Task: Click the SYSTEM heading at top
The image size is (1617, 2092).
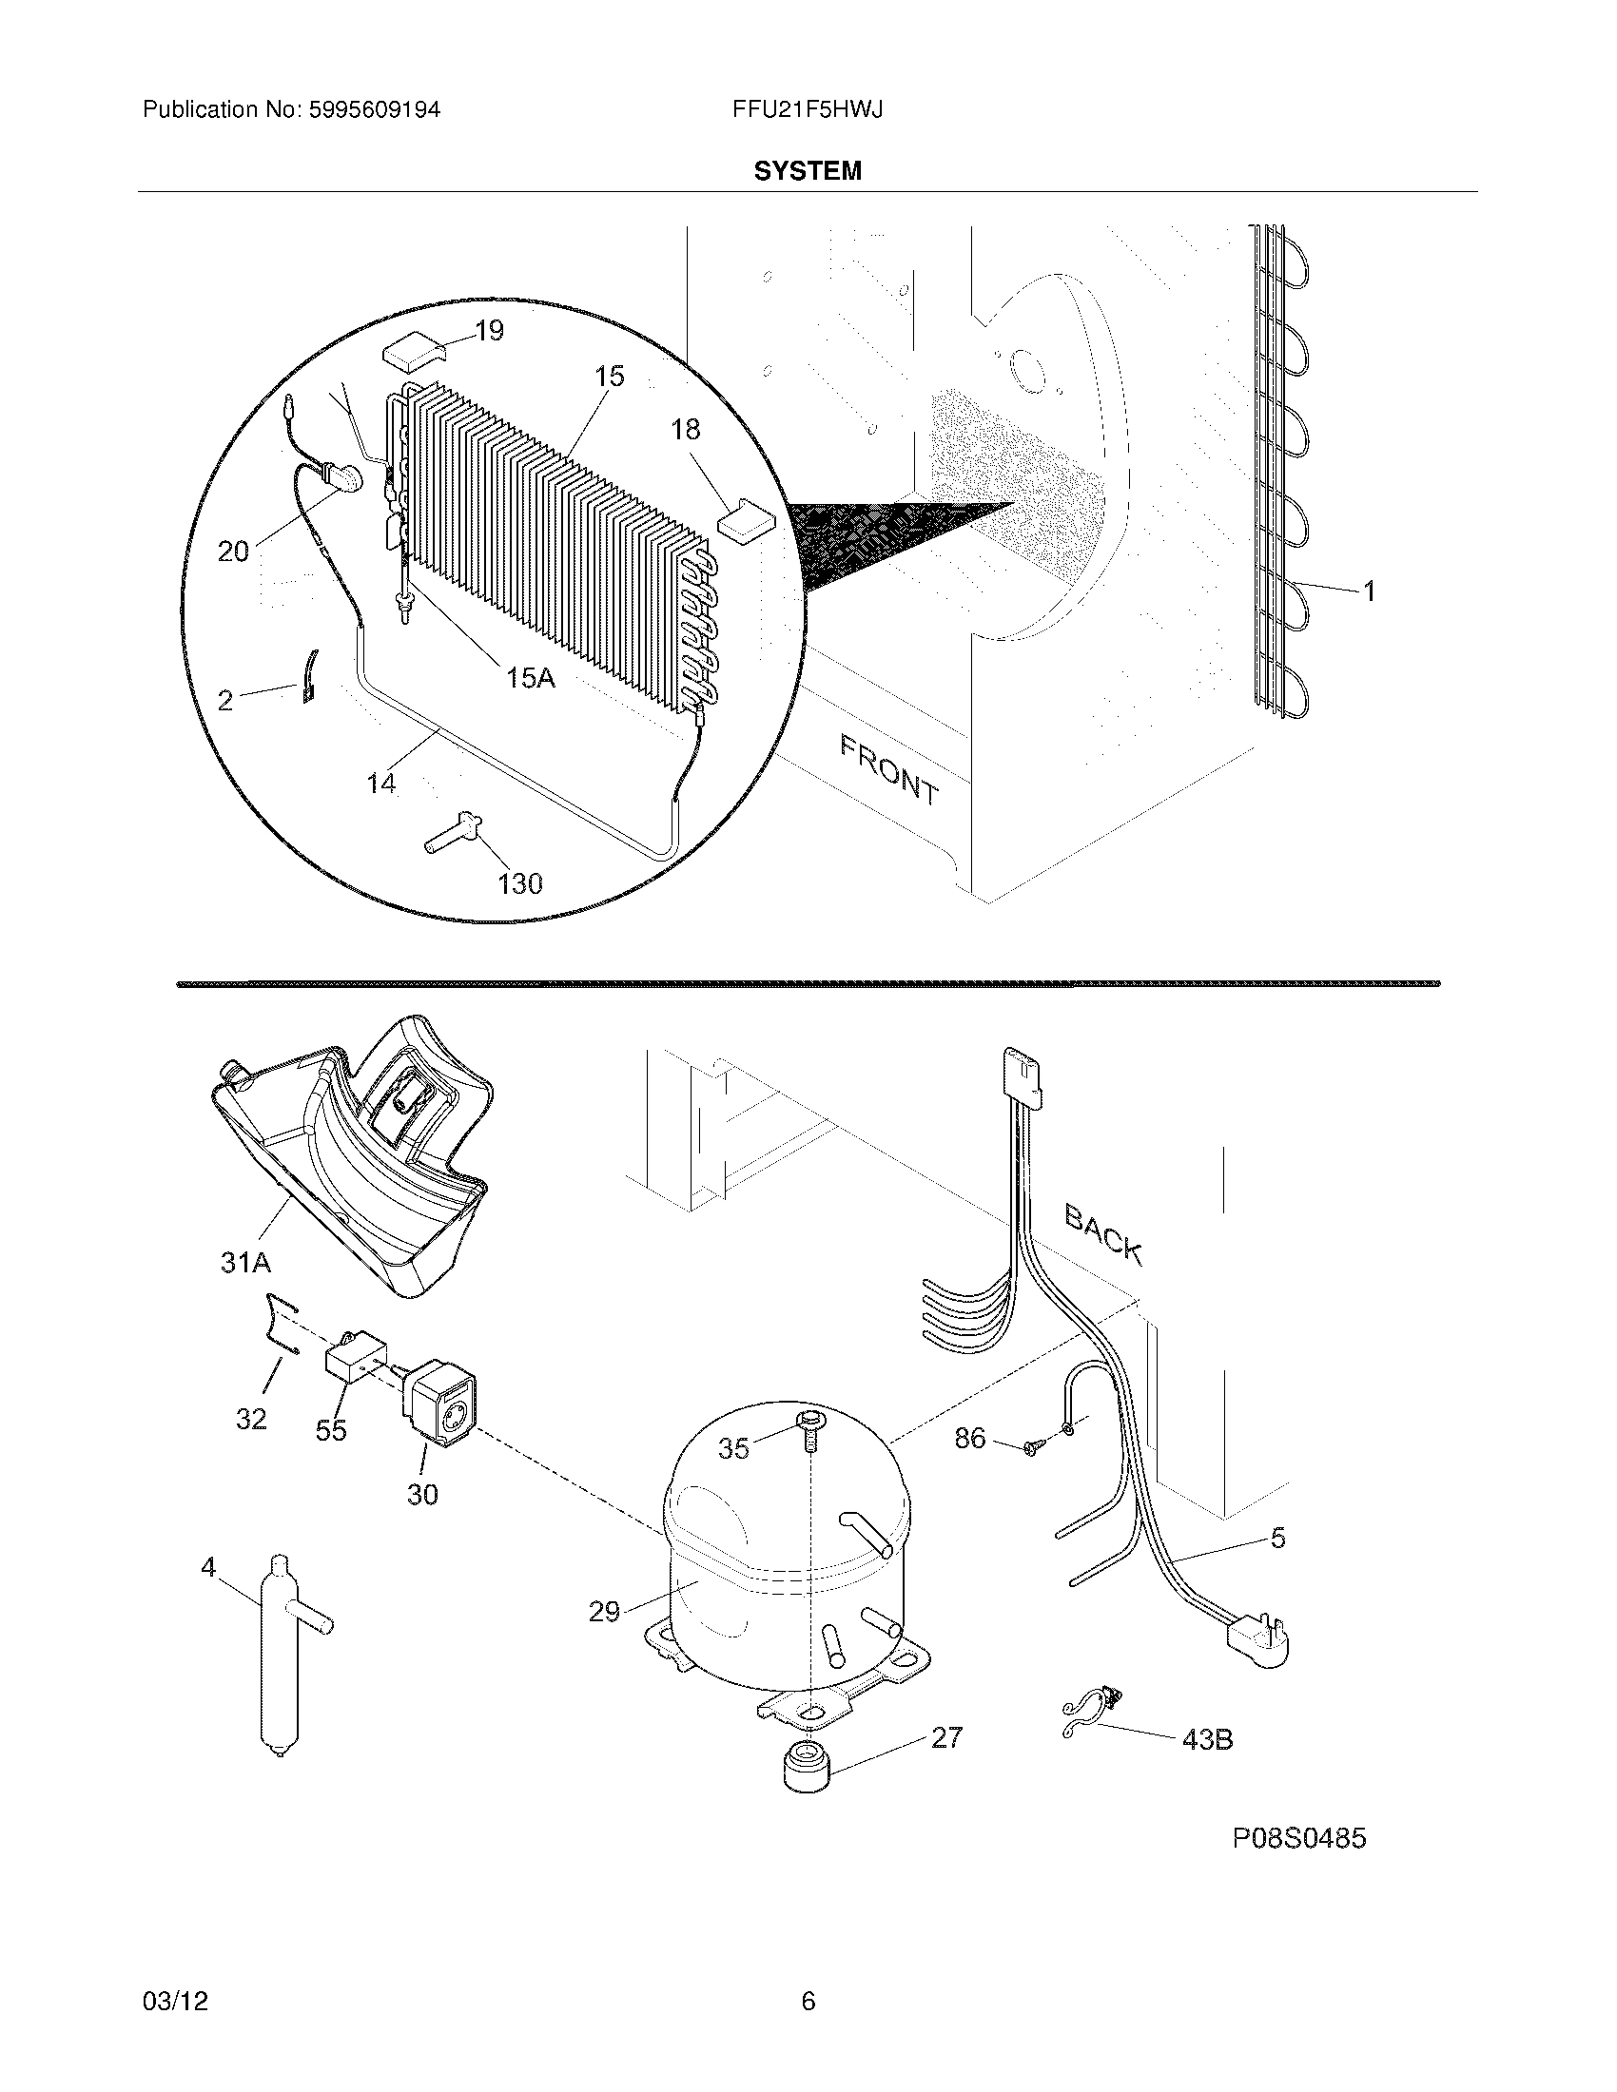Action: [807, 170]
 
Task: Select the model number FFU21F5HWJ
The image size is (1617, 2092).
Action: [807, 109]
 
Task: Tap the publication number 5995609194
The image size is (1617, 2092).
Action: [375, 109]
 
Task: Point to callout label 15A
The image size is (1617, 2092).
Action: [530, 678]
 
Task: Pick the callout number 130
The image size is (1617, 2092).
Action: [520, 882]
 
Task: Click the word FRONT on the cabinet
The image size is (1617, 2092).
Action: [888, 769]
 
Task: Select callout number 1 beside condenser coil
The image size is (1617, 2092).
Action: [1370, 591]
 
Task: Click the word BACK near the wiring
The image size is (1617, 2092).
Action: [1103, 1234]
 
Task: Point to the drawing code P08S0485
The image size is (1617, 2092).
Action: [1299, 1837]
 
